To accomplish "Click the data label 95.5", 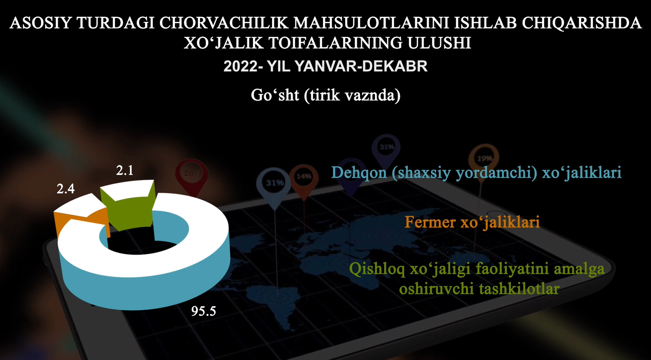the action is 204,311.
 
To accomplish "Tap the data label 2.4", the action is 66,189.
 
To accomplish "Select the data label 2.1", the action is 125,170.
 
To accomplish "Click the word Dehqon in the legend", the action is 359,173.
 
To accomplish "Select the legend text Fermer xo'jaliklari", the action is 472,222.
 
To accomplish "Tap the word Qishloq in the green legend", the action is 377,269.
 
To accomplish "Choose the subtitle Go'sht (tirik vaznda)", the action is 325,95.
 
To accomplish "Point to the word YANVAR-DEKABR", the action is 361,66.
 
